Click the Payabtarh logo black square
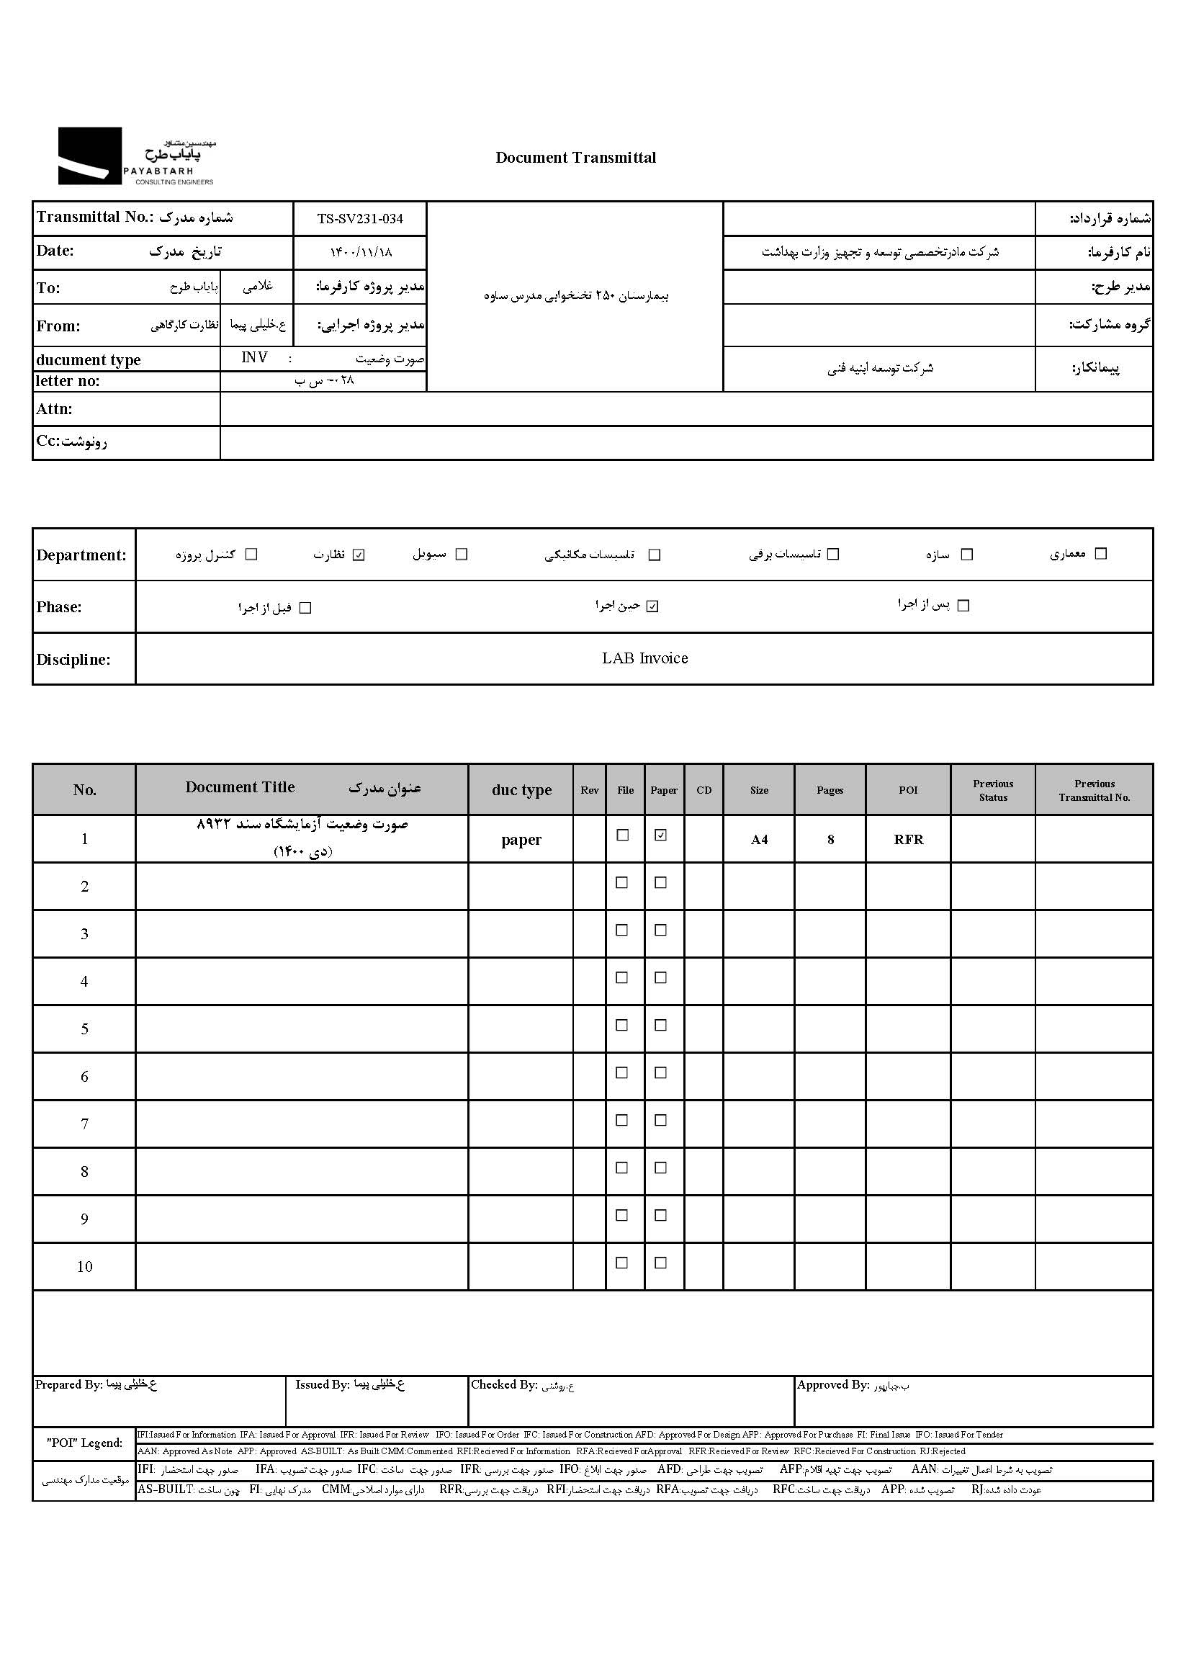click(x=89, y=156)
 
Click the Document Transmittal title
click(x=576, y=158)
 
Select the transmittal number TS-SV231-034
click(x=360, y=218)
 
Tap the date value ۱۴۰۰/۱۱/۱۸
click(x=361, y=252)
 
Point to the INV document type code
click(x=254, y=357)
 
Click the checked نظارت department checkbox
click(x=359, y=555)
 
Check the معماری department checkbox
click(x=1100, y=554)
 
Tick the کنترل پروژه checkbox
click(x=251, y=555)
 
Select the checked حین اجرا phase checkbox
click(x=652, y=606)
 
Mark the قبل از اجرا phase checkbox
click(x=306, y=608)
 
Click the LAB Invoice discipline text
click(x=644, y=659)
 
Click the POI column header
click(x=908, y=790)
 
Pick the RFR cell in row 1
click(x=908, y=840)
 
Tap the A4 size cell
click(x=759, y=840)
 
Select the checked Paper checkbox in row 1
click(x=661, y=835)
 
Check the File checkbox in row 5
click(x=622, y=1026)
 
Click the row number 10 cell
click(x=84, y=1267)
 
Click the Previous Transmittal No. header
click(x=1095, y=790)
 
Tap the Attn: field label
click(x=54, y=409)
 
